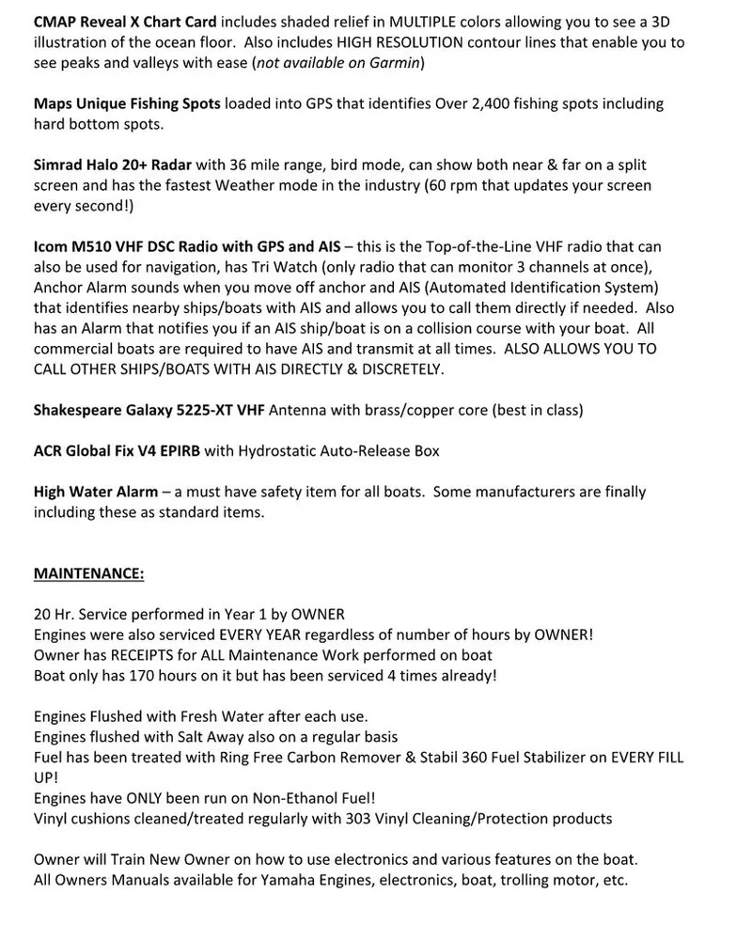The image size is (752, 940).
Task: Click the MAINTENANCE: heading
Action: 89,572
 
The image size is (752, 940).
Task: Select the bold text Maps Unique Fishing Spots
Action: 127,103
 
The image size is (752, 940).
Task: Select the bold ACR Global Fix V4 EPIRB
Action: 117,451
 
